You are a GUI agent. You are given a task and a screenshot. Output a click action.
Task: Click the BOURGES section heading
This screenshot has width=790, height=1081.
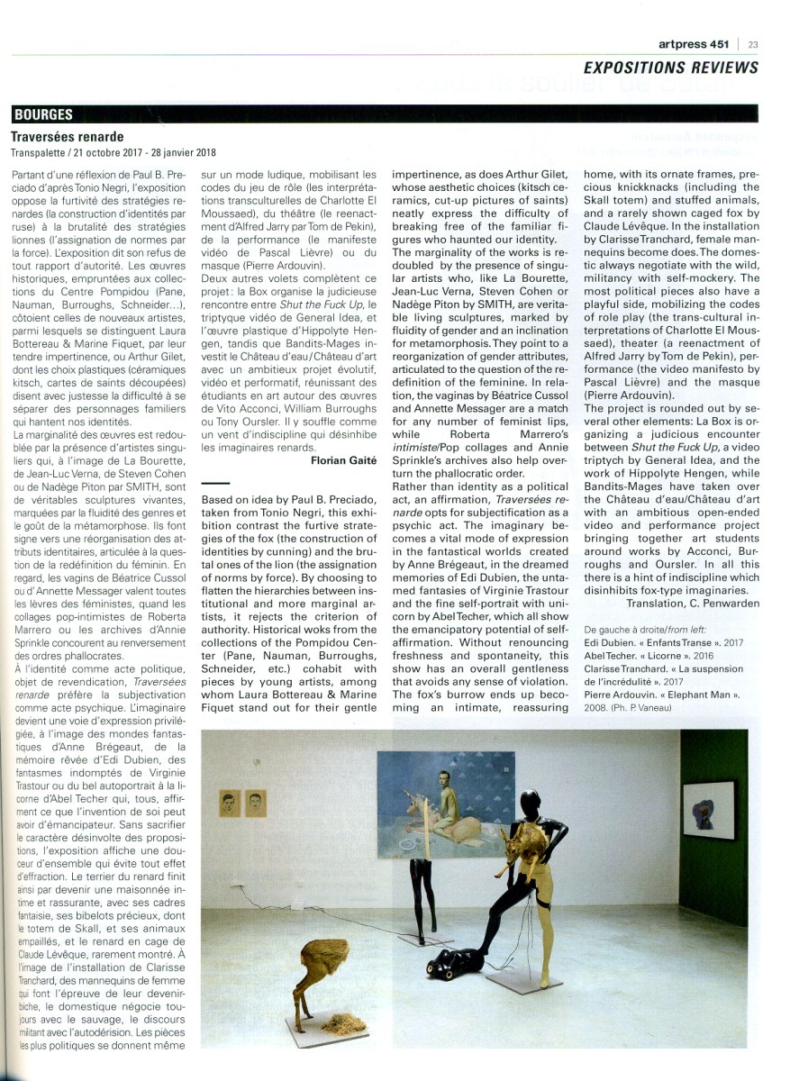[43, 115]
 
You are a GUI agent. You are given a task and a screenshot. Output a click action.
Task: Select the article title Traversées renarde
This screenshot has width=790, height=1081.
[67, 137]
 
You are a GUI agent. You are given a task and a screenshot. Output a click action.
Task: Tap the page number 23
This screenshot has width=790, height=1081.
[752, 43]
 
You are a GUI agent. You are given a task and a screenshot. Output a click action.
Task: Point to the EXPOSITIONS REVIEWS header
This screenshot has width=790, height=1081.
[670, 68]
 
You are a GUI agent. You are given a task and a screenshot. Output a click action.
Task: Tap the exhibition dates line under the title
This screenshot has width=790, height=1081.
[114, 153]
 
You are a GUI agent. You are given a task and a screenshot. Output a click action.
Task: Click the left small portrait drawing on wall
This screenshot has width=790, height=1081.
[229, 800]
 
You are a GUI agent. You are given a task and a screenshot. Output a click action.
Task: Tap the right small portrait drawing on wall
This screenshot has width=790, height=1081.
[256, 800]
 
